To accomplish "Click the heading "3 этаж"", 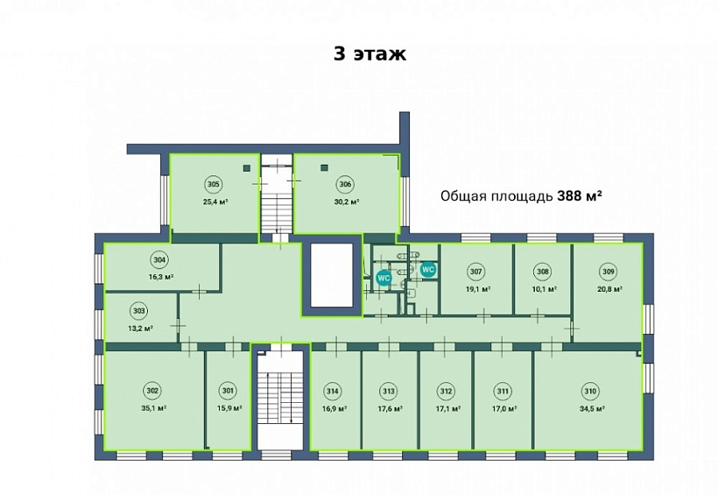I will [x=370, y=53].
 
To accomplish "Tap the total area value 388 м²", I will [x=580, y=195].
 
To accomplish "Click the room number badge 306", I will [x=345, y=184].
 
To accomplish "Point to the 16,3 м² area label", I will [x=160, y=276].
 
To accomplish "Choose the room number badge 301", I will [x=229, y=391].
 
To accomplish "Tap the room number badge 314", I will [x=332, y=391].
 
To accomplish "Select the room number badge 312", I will [x=446, y=391].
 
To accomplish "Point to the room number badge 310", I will [x=590, y=391].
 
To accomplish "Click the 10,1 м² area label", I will [x=543, y=288].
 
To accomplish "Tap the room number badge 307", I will [x=475, y=271].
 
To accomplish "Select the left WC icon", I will [x=383, y=278].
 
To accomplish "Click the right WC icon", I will [x=428, y=270].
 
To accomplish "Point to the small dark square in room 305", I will [x=247, y=168].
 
